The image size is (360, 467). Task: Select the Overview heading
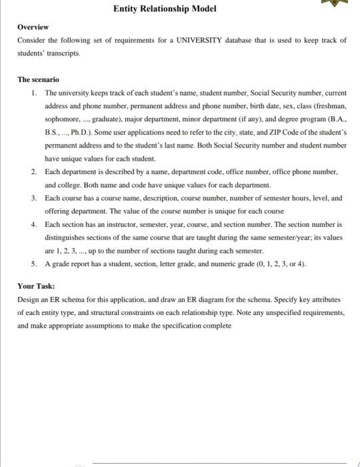click(33, 27)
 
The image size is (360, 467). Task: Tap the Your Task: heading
click(36, 286)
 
